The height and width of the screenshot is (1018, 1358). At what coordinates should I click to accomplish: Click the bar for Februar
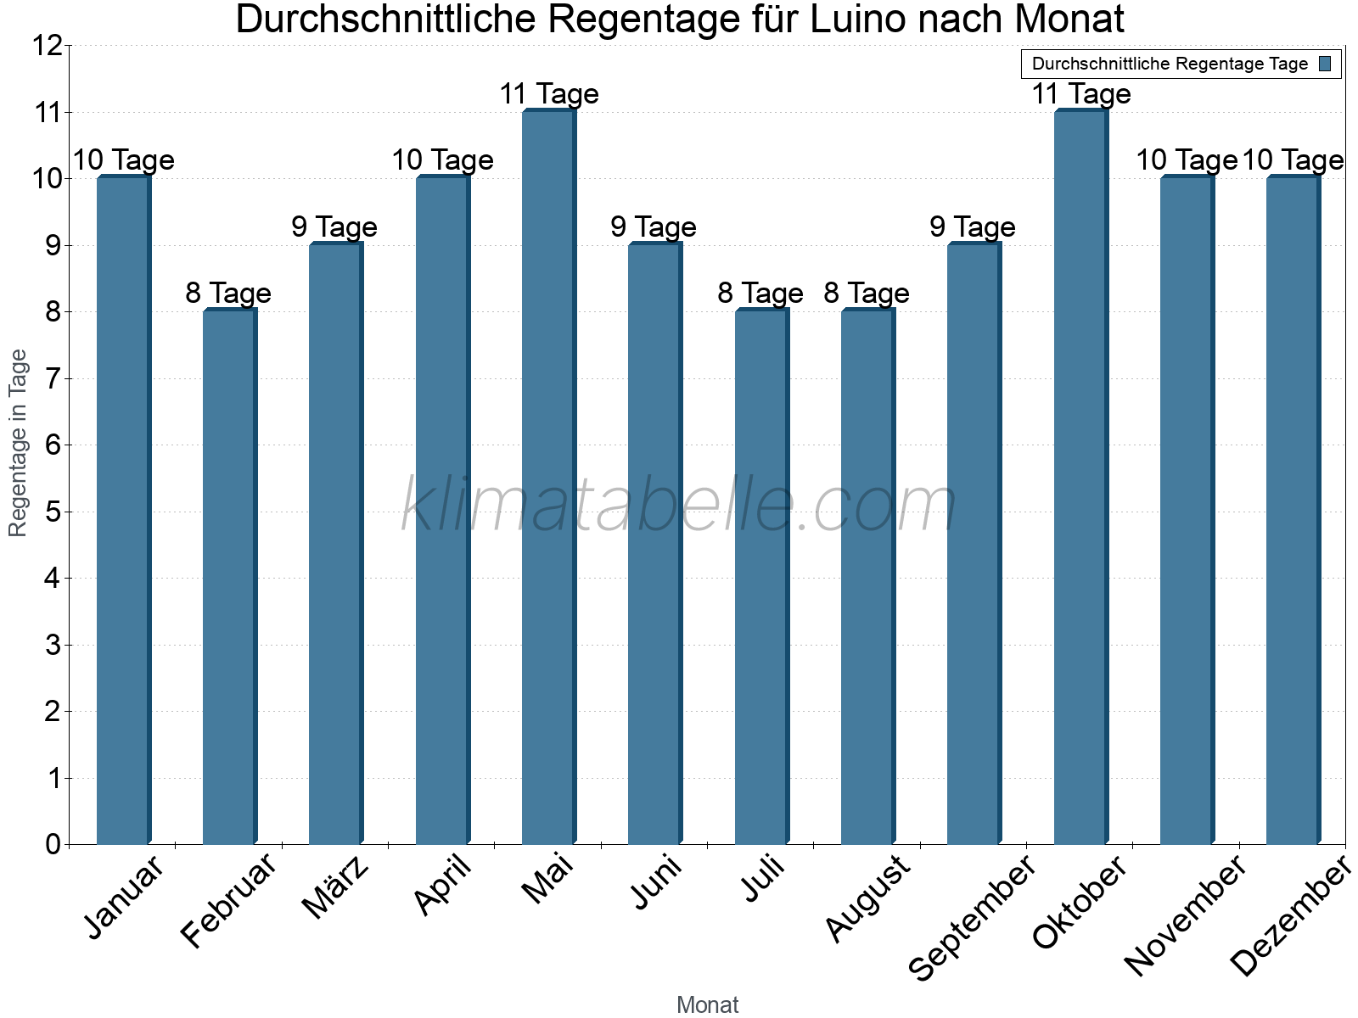click(x=229, y=577)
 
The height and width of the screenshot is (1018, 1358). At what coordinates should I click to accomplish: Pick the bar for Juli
click(x=761, y=577)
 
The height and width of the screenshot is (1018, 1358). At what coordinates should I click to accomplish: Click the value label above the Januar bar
click(x=124, y=159)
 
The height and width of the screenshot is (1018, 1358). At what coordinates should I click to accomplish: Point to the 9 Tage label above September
click(x=973, y=227)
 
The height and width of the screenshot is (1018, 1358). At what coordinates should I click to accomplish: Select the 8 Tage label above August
click(x=867, y=293)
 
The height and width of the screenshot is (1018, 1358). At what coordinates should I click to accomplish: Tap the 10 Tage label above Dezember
click(x=1293, y=159)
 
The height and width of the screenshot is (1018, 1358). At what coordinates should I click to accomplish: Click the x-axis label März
click(x=335, y=887)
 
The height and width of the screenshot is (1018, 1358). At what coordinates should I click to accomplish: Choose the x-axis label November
click(x=1185, y=915)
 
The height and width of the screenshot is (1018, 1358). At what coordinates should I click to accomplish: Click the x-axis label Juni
click(x=656, y=882)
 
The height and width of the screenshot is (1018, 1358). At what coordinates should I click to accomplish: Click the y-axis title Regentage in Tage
click(x=19, y=443)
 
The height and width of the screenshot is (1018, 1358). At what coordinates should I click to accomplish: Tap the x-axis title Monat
click(x=707, y=1004)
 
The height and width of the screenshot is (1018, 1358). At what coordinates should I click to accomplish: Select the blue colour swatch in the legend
click(x=1325, y=64)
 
